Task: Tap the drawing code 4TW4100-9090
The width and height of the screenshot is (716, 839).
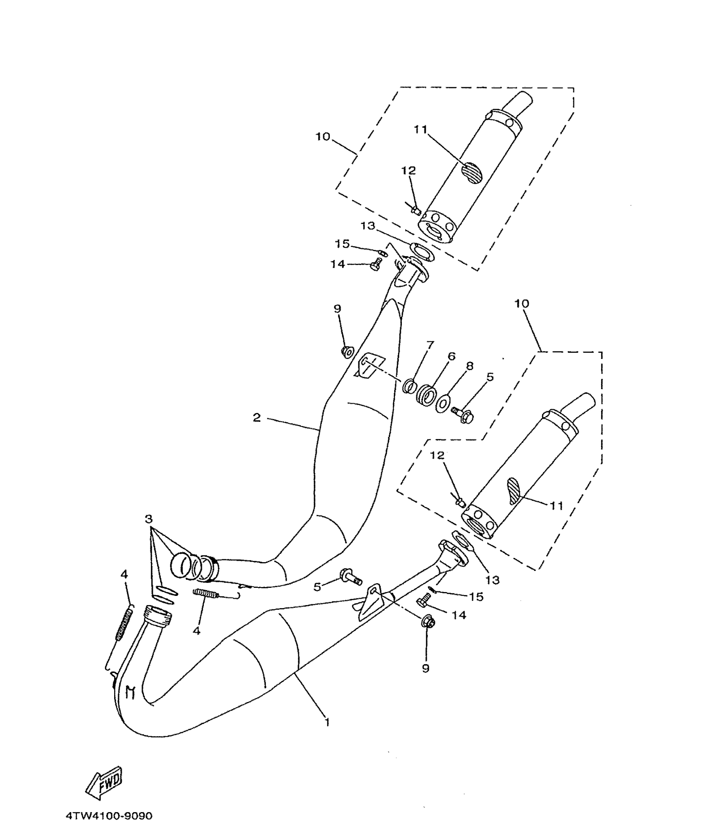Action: (x=109, y=816)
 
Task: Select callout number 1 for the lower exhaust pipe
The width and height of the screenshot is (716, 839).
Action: (x=327, y=722)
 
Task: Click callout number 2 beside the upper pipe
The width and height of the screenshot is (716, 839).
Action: (x=256, y=418)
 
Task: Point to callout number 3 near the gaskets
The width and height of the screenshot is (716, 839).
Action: (x=148, y=519)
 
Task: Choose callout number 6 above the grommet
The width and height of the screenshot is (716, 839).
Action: (x=451, y=357)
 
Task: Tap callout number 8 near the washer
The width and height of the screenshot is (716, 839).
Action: (x=470, y=366)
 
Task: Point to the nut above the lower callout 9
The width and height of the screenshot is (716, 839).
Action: (x=428, y=622)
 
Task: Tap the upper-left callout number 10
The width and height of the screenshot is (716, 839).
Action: (x=323, y=137)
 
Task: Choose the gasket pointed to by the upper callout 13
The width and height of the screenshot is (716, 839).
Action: (x=423, y=252)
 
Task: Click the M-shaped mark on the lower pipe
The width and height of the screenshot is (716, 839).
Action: (x=131, y=692)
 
